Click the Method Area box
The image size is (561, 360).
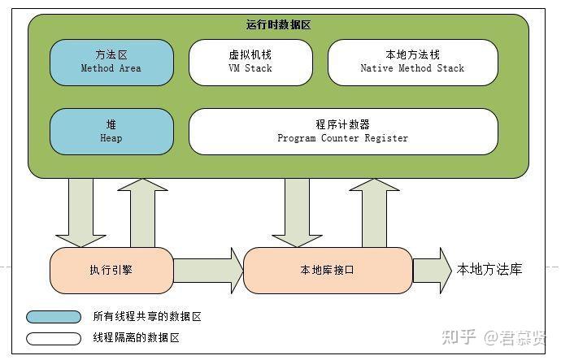[x=111, y=62]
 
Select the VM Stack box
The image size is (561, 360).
[x=250, y=62]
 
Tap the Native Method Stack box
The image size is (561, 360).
[x=412, y=62]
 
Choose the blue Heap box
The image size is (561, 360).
[x=111, y=131]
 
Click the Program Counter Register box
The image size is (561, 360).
[x=342, y=131]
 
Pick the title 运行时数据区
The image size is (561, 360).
[x=278, y=25]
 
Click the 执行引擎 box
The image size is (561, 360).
[x=111, y=270]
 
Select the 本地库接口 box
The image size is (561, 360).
[x=328, y=270]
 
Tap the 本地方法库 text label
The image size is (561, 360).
[x=489, y=269]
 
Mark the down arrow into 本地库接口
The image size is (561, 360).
[x=297, y=211]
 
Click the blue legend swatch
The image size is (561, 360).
[x=54, y=317]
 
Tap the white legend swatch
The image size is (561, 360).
[x=54, y=337]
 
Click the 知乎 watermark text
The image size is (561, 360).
[x=458, y=337]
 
